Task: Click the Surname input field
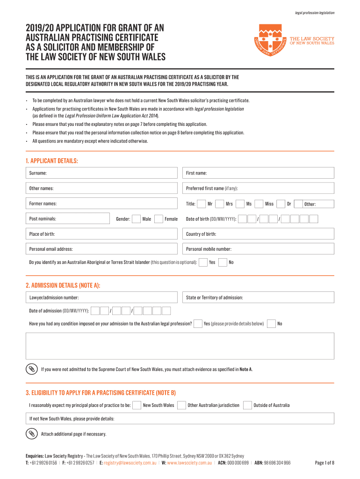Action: click(x=103, y=173)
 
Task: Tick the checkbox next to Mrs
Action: click(x=218, y=204)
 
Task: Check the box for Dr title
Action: click(x=281, y=204)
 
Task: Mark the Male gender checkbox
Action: click(x=136, y=219)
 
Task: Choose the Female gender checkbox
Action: click(x=158, y=219)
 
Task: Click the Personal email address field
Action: click(x=103, y=249)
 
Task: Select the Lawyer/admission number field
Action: click(x=103, y=298)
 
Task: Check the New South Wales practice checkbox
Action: click(x=137, y=405)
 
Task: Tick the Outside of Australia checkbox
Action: click(x=247, y=405)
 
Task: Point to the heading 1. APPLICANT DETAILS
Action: click(x=52, y=161)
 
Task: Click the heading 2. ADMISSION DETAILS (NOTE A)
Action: click(x=63, y=285)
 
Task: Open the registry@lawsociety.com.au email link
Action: click(x=130, y=463)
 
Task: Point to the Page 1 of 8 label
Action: click(x=324, y=463)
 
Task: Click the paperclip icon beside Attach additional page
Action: click(x=31, y=434)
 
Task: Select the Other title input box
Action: click(x=319, y=204)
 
